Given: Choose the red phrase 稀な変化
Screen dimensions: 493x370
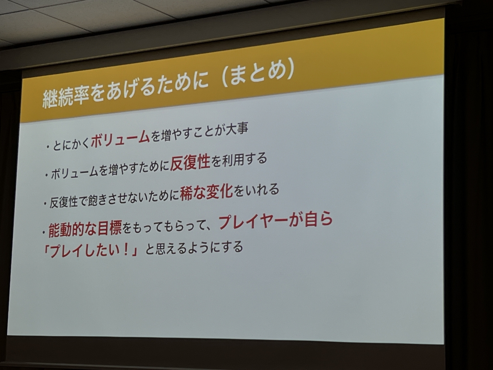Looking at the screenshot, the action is pyautogui.click(x=206, y=193).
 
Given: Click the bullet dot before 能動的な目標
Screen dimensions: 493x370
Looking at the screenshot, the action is pyautogui.click(x=44, y=233).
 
